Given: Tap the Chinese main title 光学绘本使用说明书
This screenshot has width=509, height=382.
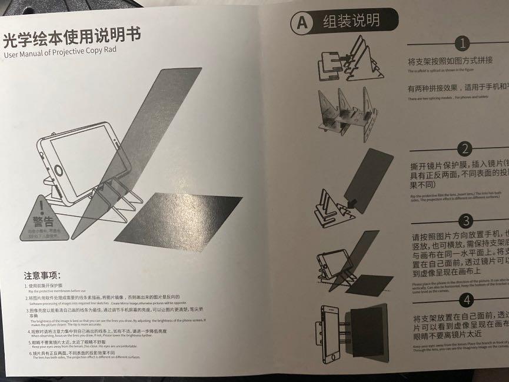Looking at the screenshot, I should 72,39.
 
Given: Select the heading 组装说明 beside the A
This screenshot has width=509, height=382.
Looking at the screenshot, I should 351,22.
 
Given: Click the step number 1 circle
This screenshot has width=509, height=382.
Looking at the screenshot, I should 464,44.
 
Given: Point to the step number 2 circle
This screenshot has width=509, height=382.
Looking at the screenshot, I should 465,148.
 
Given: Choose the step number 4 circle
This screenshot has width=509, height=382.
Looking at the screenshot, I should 467,300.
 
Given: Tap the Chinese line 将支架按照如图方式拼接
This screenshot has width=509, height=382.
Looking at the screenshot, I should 451,61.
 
